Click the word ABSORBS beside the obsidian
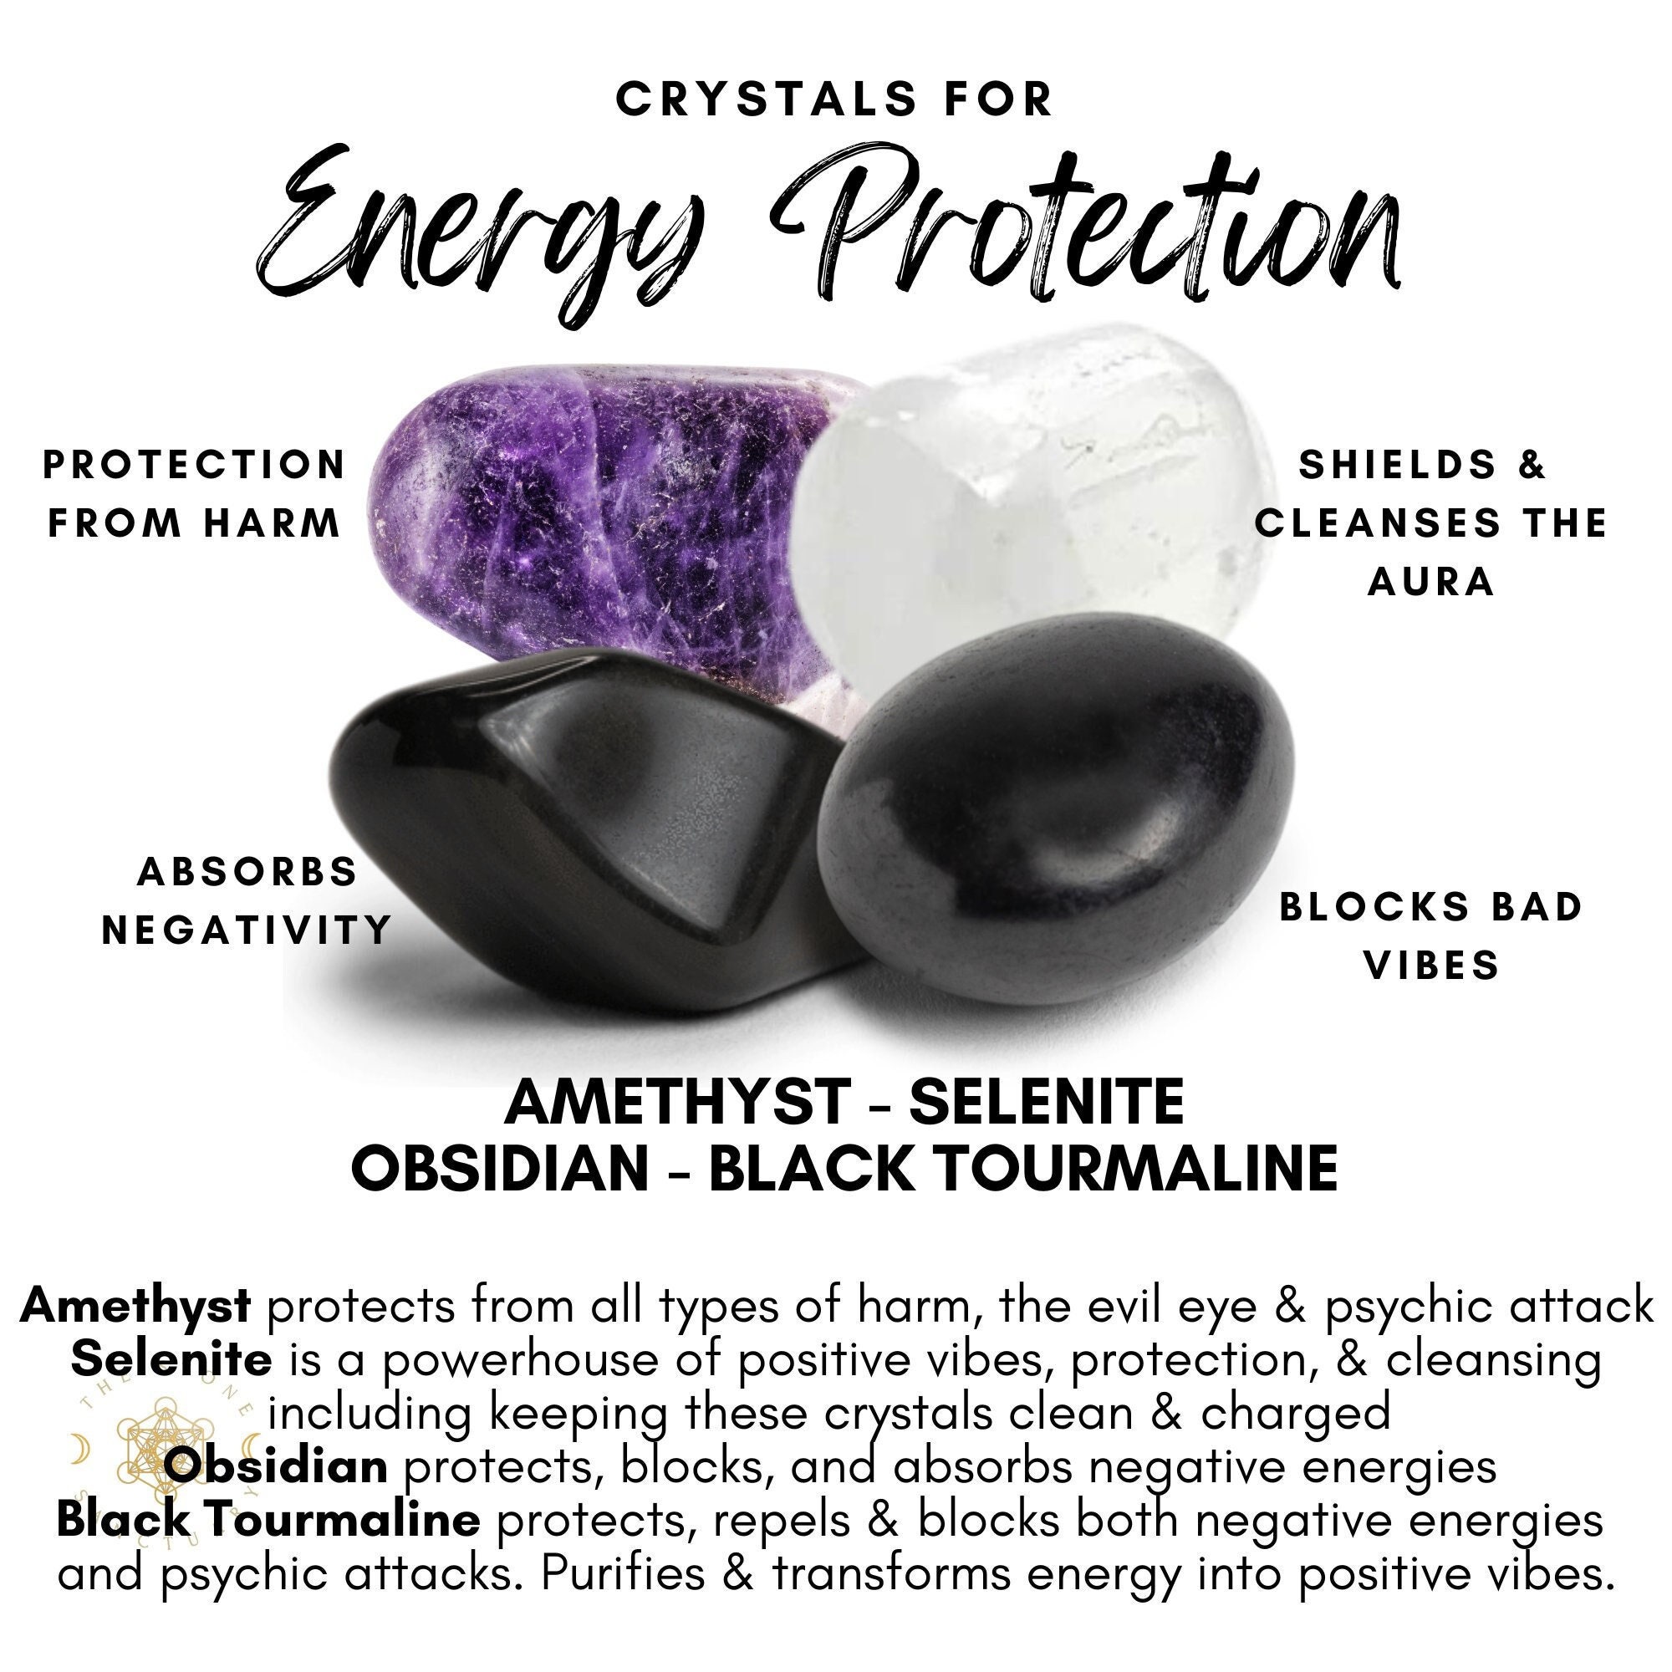coord(247,872)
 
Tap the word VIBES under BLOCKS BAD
coord(1431,965)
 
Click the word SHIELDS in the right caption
coord(1399,466)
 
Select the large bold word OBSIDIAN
coord(500,1170)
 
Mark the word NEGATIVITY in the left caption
coord(247,931)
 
